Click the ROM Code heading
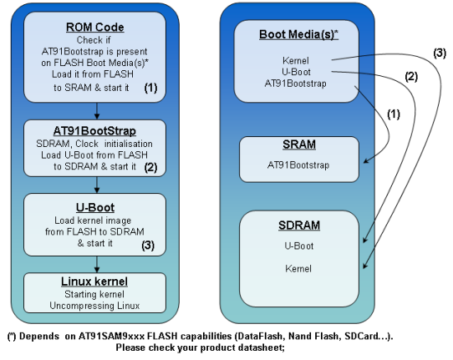pyautogui.click(x=95, y=28)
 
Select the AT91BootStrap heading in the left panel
pyautogui.click(x=94, y=131)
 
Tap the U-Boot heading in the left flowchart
pyautogui.click(x=95, y=208)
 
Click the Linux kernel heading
pyautogui.click(x=94, y=281)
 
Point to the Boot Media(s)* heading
pyautogui.click(x=298, y=34)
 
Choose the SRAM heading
pyautogui.click(x=299, y=145)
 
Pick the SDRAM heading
pyautogui.click(x=299, y=226)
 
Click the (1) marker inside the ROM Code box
pyautogui.click(x=150, y=88)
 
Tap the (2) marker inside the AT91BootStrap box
pyautogui.click(x=150, y=167)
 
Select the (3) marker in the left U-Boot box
pyautogui.click(x=148, y=246)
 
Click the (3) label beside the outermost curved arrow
pyautogui.click(x=440, y=53)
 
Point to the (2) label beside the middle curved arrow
pyautogui.click(x=411, y=77)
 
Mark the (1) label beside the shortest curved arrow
pyautogui.click(x=394, y=114)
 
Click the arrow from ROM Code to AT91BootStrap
pyautogui.click(x=97, y=111)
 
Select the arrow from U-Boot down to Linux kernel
pyautogui.click(x=97, y=264)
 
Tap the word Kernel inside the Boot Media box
pyautogui.click(x=296, y=61)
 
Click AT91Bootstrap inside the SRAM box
pyautogui.click(x=298, y=165)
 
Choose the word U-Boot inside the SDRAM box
pyautogui.click(x=298, y=246)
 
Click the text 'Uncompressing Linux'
pyautogui.click(x=94, y=306)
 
